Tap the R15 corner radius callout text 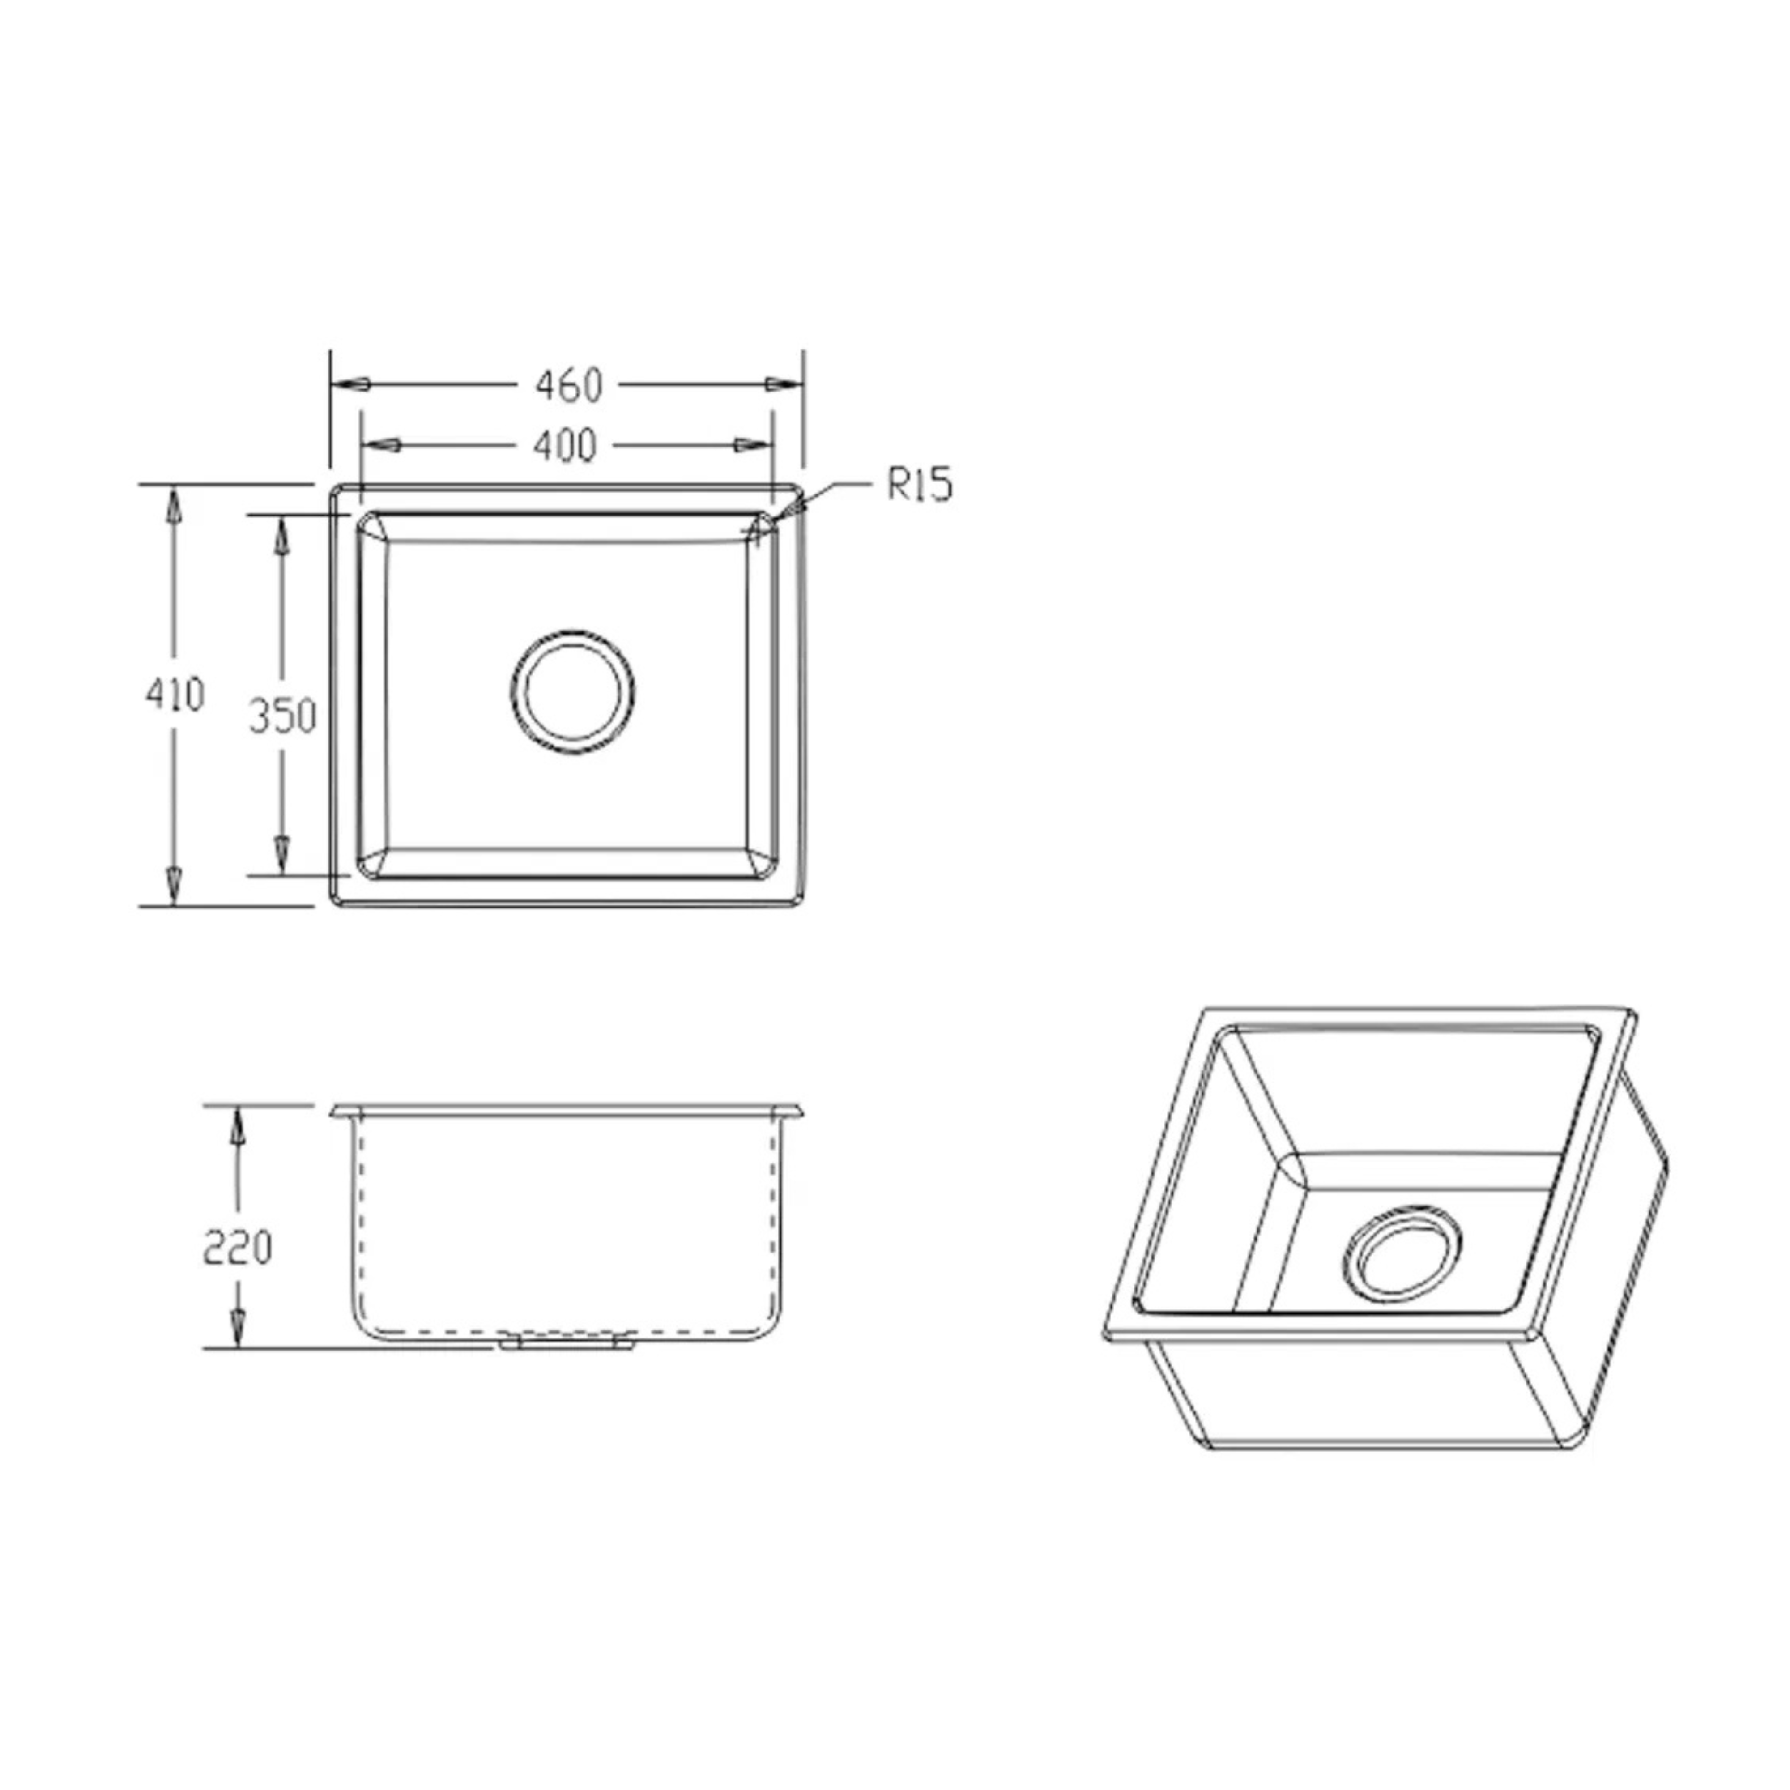(x=919, y=485)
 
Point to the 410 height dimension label (x=174, y=694)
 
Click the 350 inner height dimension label (x=282, y=715)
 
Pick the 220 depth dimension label (x=237, y=1248)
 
